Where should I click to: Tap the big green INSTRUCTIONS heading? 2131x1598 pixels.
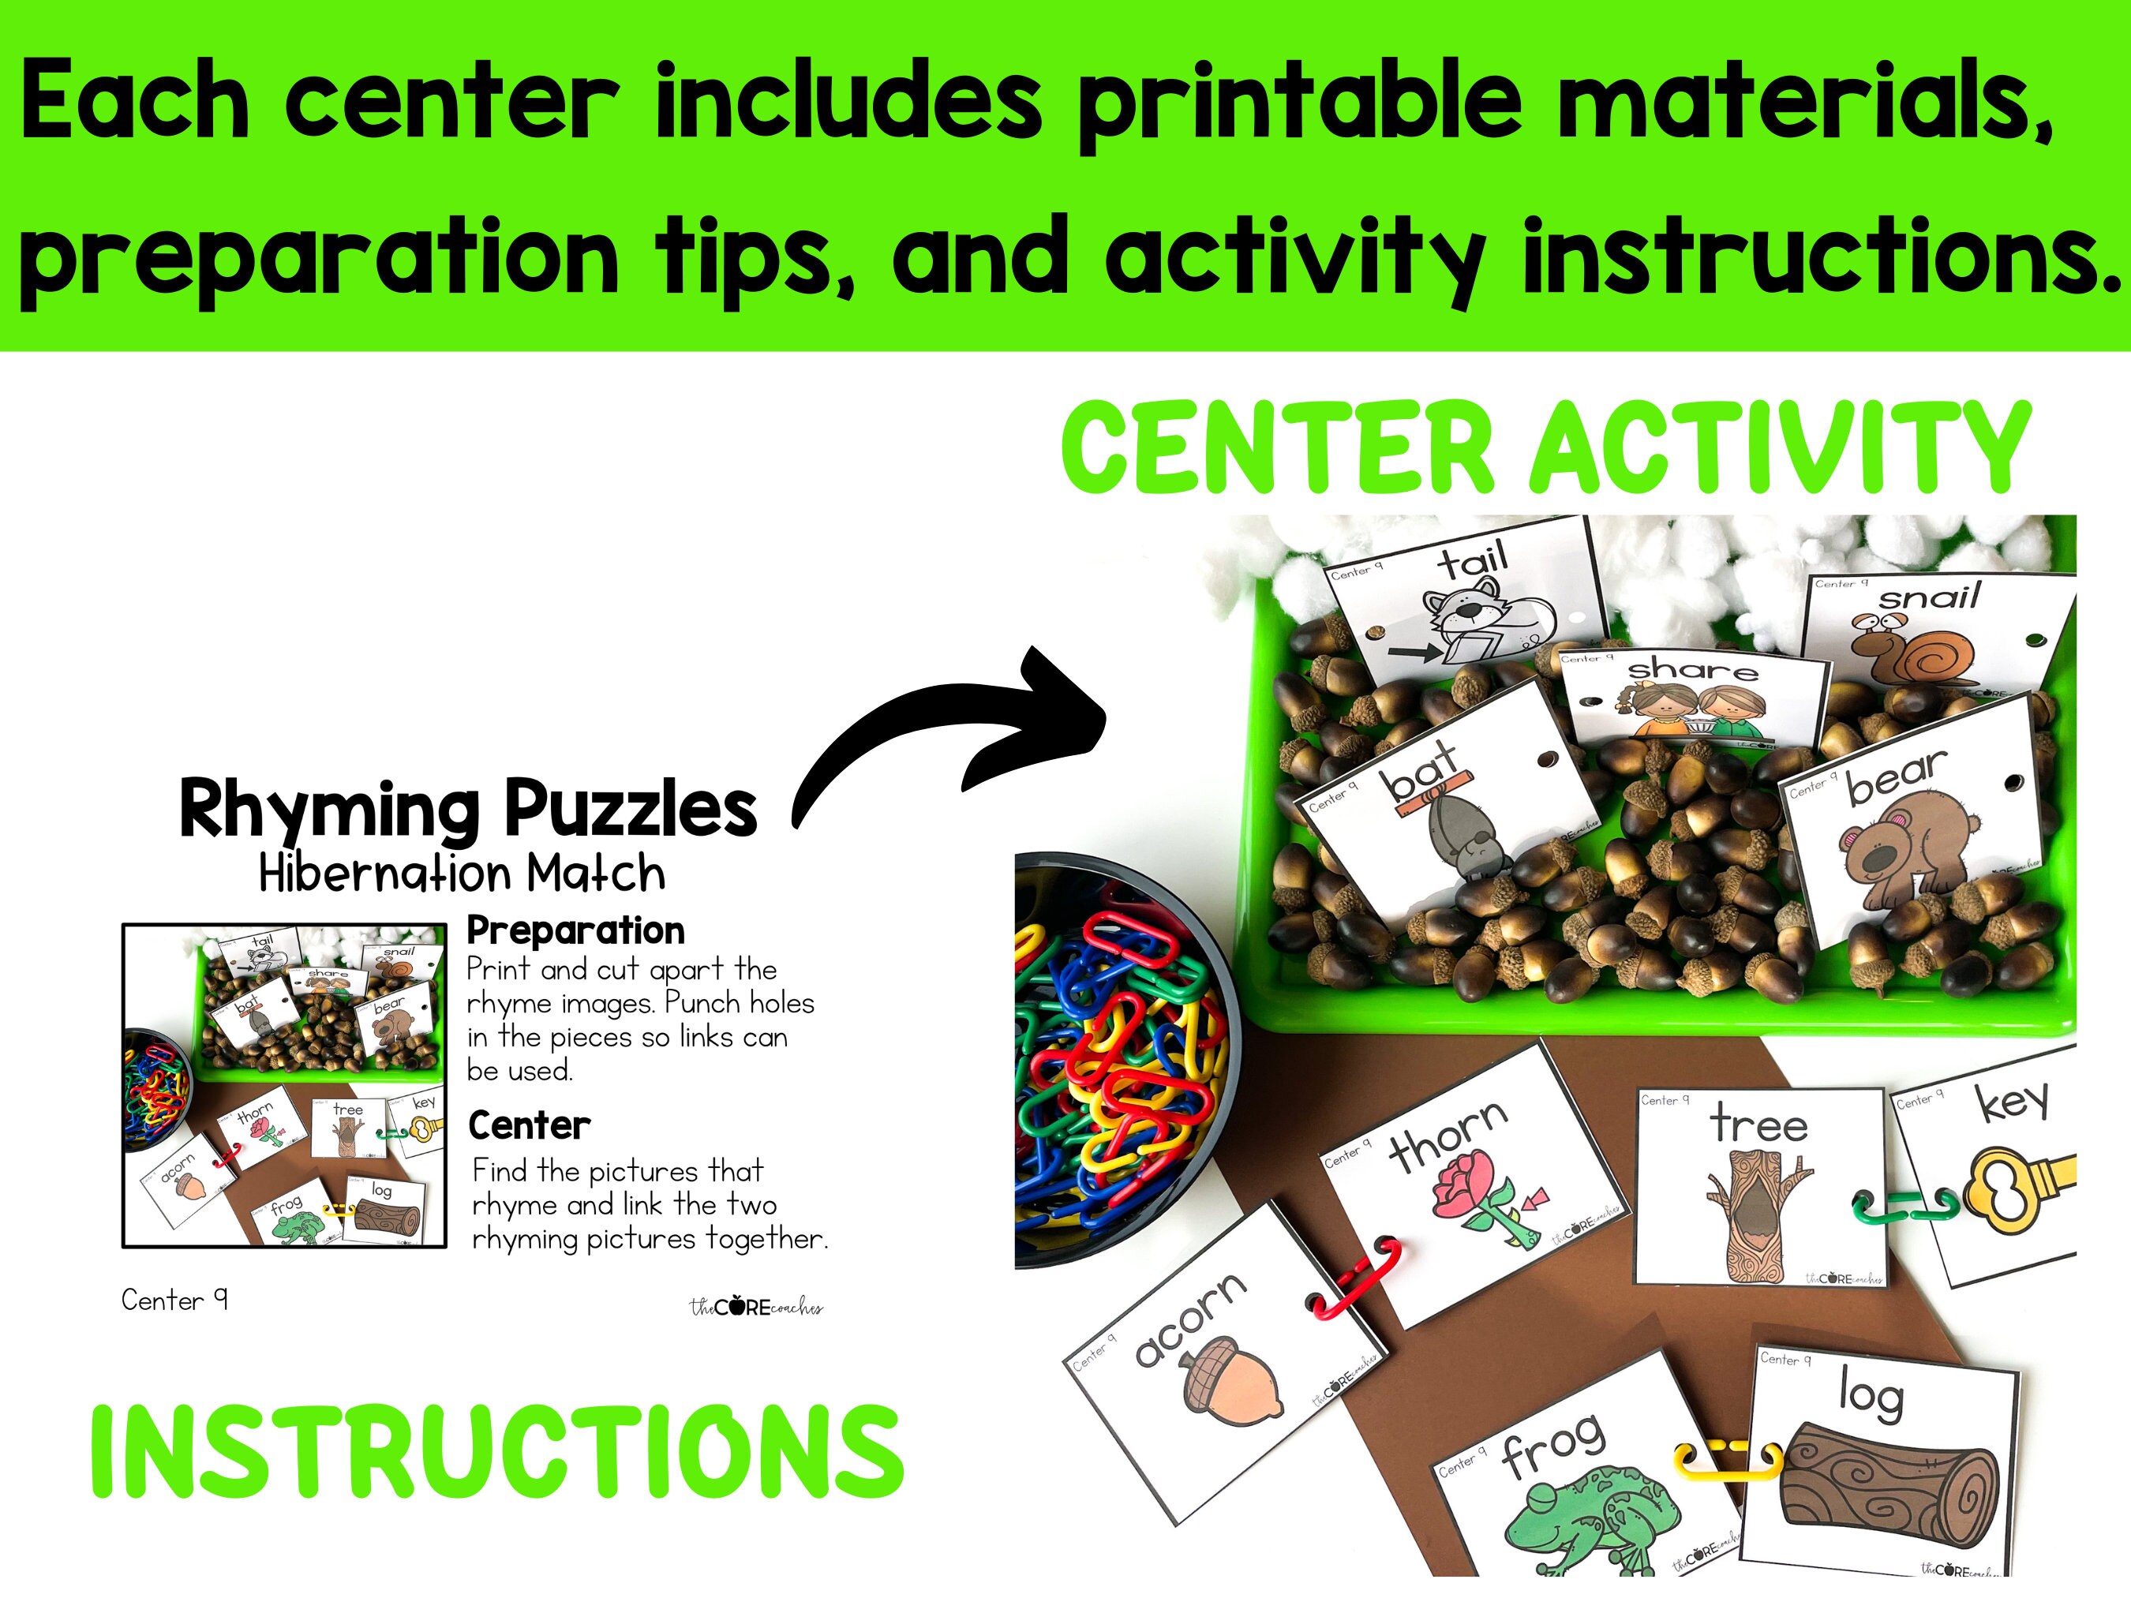pyautogui.click(x=496, y=1453)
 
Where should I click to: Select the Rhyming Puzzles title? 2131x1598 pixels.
pyautogui.click(x=468, y=809)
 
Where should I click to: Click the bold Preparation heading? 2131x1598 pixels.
pyautogui.click(x=575, y=930)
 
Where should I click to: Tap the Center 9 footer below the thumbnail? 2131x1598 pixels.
pyautogui.click(x=174, y=1300)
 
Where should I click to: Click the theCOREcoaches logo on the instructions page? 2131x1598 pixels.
pyautogui.click(x=756, y=1307)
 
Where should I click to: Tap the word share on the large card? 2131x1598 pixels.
pyautogui.click(x=1693, y=668)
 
